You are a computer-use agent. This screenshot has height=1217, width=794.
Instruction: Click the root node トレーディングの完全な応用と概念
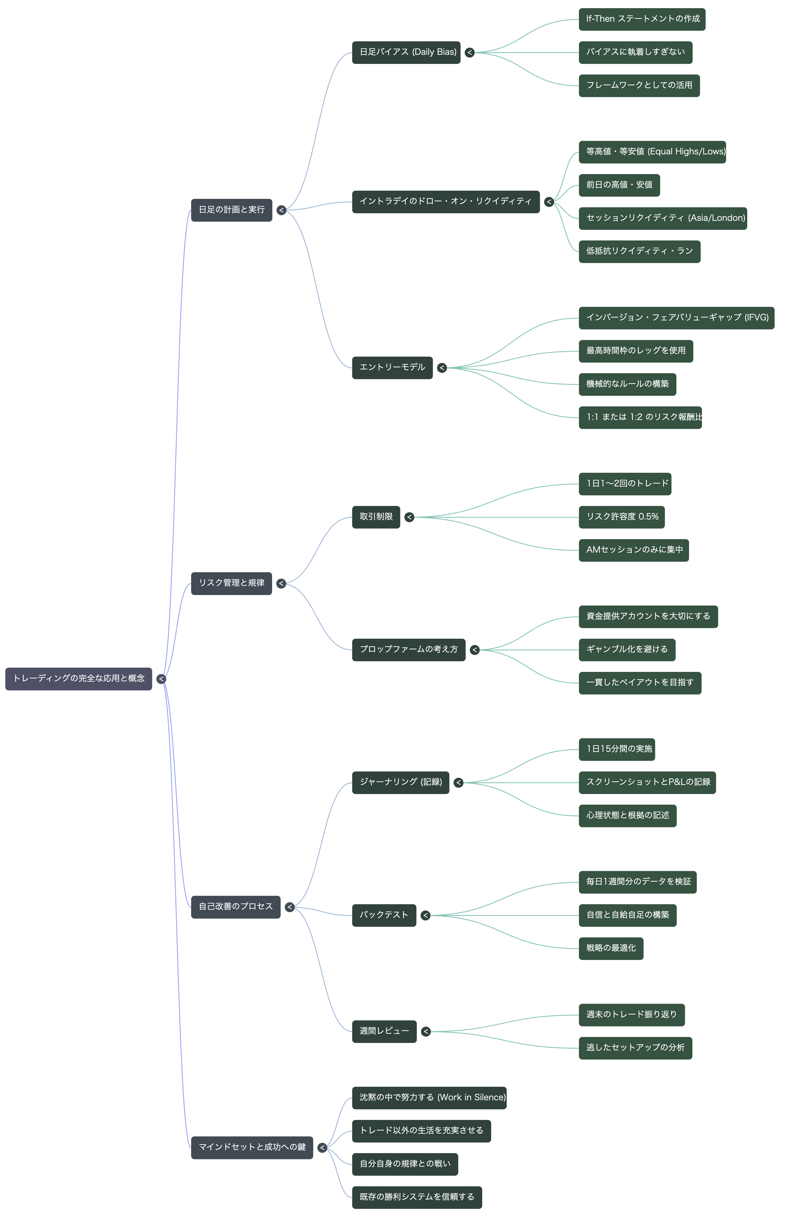click(79, 679)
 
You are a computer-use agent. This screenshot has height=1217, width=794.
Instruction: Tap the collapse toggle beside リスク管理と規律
click(281, 583)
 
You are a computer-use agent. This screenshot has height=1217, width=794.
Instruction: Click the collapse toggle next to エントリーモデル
click(442, 368)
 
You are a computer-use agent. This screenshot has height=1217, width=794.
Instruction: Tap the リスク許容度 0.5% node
click(622, 517)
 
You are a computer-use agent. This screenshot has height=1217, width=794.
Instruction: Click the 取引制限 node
click(376, 517)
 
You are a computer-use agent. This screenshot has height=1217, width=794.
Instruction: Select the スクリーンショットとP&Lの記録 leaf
click(647, 782)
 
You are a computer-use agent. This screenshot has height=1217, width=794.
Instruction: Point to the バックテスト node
click(384, 915)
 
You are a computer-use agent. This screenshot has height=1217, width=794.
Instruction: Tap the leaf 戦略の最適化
click(611, 949)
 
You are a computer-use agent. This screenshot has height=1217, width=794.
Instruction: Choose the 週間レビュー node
click(384, 1031)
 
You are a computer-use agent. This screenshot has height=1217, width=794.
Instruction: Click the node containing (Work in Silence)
click(429, 1098)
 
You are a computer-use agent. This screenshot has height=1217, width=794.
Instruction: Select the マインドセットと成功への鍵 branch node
click(252, 1148)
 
